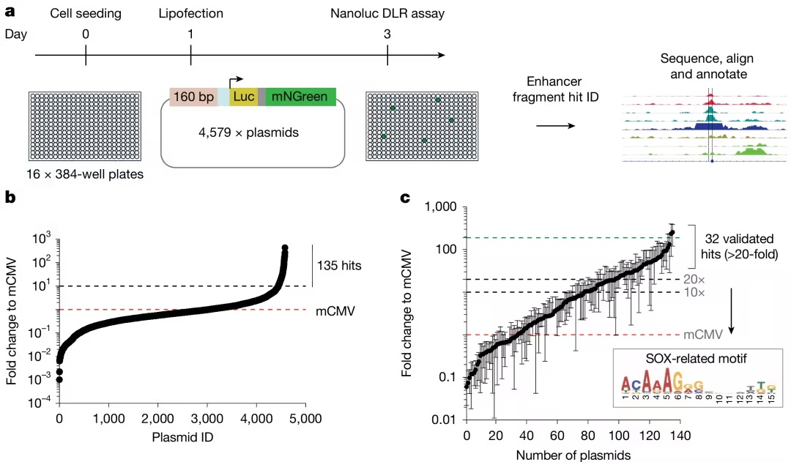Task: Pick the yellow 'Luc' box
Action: click(x=243, y=96)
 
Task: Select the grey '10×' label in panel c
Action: click(x=693, y=293)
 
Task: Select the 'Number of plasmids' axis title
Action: click(x=573, y=455)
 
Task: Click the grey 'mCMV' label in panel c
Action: click(x=703, y=335)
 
